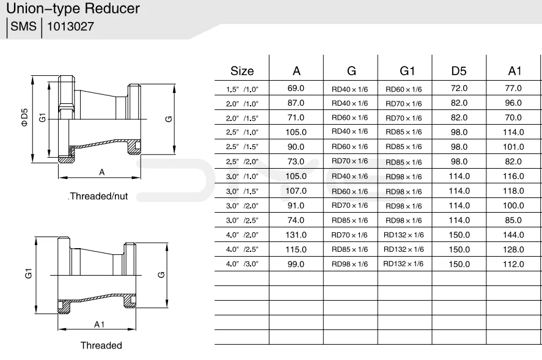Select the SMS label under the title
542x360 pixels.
click(23, 28)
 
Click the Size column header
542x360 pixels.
click(242, 71)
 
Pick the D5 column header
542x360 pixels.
click(459, 71)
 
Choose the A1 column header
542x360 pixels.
click(514, 71)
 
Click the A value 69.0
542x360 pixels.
click(296, 89)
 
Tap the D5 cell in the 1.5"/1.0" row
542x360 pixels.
click(459, 89)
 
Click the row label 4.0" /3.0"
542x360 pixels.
click(243, 265)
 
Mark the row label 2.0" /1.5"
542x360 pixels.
click(243, 118)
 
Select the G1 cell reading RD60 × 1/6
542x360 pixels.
click(404, 89)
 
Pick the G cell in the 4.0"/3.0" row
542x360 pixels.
click(350, 264)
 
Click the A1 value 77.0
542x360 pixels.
click(513, 89)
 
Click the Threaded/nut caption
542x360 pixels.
click(98, 196)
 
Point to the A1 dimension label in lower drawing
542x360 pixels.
click(100, 323)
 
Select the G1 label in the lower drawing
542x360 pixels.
click(28, 274)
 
